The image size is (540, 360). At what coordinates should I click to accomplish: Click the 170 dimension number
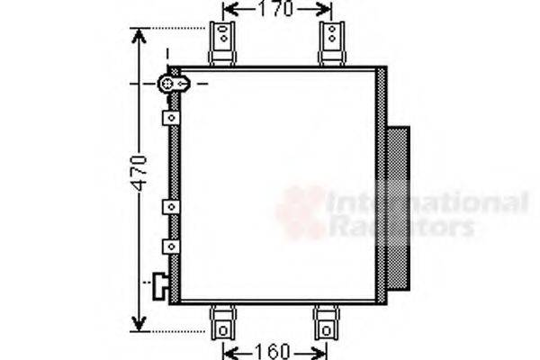275,10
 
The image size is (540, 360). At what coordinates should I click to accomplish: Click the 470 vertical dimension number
137,175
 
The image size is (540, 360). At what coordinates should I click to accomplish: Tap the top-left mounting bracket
222,42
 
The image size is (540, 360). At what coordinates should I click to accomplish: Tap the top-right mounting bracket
332,42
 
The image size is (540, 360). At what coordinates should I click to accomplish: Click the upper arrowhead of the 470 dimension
138,35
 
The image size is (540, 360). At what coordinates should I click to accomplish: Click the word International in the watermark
427,202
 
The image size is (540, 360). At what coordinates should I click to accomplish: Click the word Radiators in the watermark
400,226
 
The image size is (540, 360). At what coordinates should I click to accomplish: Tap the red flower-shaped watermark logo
301,212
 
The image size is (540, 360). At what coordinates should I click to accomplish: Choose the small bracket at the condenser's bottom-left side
161,285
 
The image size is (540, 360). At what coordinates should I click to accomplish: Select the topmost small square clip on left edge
168,118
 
